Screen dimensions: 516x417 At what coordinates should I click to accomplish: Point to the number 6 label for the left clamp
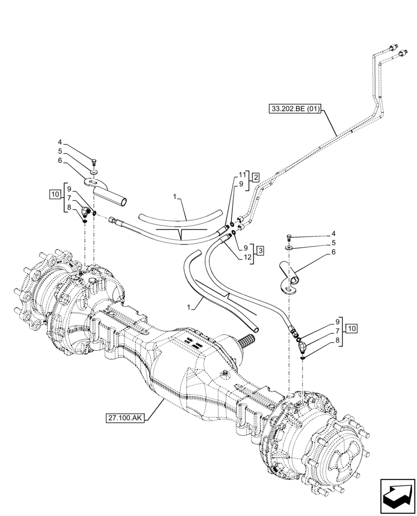click(60, 160)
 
